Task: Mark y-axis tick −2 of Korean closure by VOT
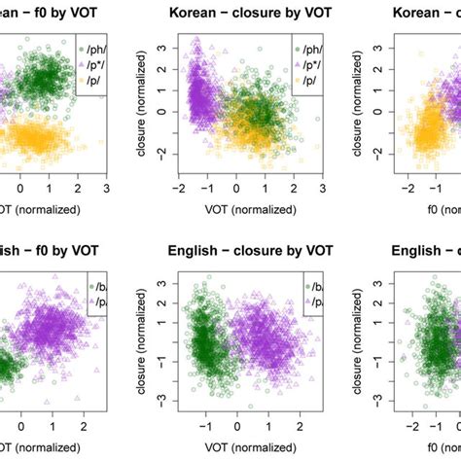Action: (160, 154)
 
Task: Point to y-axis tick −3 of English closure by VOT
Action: (160, 399)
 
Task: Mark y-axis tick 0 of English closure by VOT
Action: (160, 342)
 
